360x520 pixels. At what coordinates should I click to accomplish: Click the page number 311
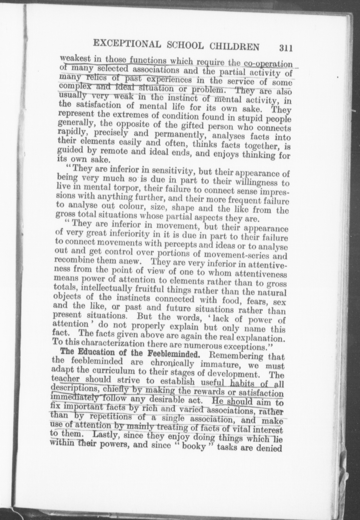(286, 48)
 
